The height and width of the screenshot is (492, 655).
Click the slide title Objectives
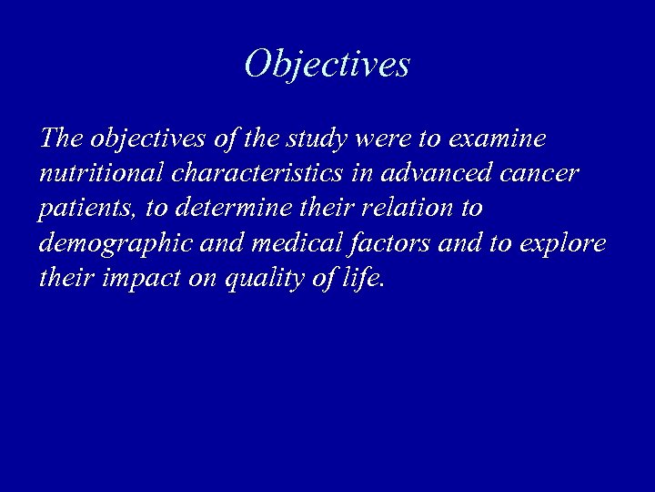point(327,64)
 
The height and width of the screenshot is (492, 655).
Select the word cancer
point(537,173)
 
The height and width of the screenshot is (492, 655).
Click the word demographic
point(114,243)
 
